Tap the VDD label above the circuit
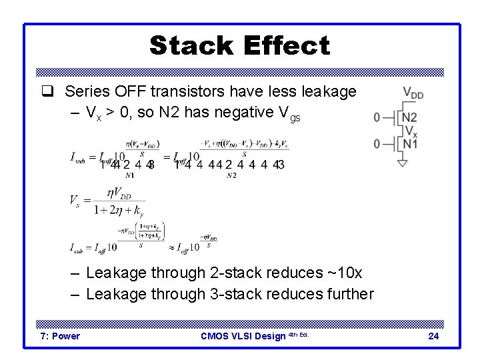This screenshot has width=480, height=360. pos(413,95)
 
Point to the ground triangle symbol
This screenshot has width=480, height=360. pos(402,163)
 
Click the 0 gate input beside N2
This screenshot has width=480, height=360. pos(377,118)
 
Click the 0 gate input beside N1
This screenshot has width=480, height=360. pos(377,143)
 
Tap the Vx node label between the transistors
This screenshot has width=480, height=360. pos(411,131)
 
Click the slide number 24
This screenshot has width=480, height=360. pos(433,336)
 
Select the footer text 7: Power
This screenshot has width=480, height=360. pos(60,336)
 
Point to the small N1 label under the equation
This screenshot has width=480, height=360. pos(129,175)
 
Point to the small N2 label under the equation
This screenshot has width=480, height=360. pos(231,175)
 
